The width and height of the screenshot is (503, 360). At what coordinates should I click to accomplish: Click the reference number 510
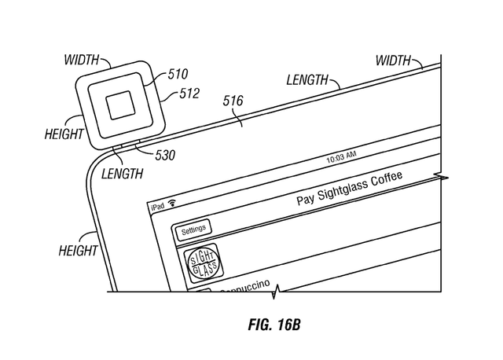178,74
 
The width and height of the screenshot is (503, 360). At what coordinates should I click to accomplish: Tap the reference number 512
189,94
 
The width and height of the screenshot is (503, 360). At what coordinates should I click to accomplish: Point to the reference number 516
233,101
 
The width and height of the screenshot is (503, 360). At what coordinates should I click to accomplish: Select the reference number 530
165,156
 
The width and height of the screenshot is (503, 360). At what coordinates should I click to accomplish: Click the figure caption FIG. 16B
274,325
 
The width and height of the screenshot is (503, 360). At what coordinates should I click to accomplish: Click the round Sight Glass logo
203,264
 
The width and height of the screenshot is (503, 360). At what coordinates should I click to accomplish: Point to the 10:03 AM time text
341,157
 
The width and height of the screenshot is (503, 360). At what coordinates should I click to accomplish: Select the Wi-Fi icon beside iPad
172,203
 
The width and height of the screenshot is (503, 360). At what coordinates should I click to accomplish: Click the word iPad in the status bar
157,206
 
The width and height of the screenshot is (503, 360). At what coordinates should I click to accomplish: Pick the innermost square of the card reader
120,105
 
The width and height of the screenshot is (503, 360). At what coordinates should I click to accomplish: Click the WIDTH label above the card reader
82,60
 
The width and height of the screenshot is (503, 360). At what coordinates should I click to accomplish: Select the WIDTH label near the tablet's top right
393,61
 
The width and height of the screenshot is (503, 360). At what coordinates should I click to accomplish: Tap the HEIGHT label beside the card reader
64,134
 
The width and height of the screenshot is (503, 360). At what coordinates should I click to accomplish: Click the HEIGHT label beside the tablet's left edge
78,251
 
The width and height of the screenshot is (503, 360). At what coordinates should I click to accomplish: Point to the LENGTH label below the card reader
123,174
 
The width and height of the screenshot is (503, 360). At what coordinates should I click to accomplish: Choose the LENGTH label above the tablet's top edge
307,80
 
